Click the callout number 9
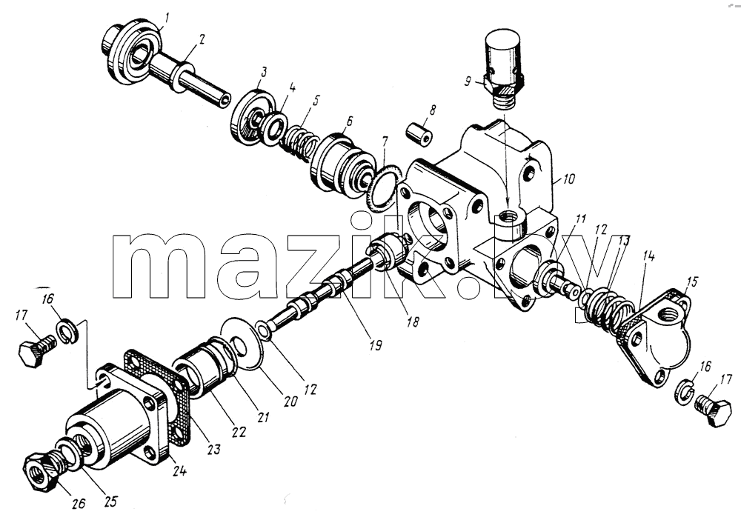point(468,81)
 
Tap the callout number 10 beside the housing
point(568,179)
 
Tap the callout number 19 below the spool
point(375,345)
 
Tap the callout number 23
point(214,448)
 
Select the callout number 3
point(263,72)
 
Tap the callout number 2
point(202,39)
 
